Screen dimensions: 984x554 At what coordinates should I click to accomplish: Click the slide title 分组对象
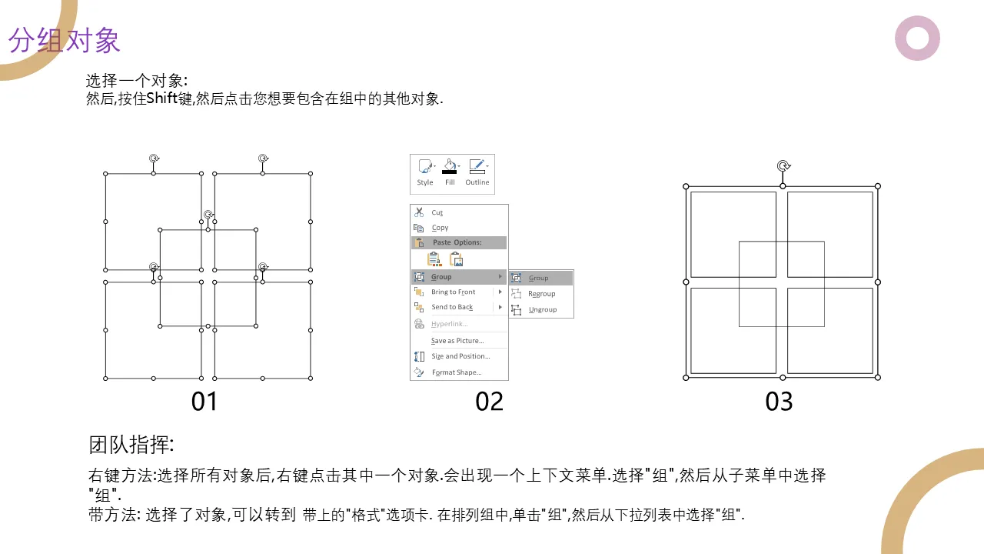tap(64, 41)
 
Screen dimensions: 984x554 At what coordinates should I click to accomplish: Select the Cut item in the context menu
tap(437, 213)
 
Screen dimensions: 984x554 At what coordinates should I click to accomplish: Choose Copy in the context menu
tap(440, 228)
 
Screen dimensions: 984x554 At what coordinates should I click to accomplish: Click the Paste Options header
tap(457, 242)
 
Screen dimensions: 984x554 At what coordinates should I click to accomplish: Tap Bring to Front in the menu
tap(453, 292)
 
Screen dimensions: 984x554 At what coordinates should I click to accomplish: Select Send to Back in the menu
tap(452, 307)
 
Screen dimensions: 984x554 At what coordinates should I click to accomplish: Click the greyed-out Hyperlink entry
tap(450, 324)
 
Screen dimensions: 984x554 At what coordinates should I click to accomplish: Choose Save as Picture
tap(457, 341)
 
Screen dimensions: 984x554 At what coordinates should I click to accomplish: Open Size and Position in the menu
tap(460, 356)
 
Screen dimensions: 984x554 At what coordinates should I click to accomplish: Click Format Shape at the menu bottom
tap(457, 372)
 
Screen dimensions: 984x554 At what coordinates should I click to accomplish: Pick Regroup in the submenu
tap(542, 294)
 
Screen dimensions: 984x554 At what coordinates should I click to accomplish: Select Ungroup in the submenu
tap(543, 309)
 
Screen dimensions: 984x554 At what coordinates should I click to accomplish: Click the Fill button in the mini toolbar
tap(450, 172)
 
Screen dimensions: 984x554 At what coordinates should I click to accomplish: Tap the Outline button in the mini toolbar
tap(477, 172)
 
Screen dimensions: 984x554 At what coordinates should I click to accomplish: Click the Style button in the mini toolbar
tap(425, 172)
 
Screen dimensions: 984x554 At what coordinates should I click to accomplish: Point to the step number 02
tap(489, 402)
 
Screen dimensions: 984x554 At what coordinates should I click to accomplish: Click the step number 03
tap(779, 402)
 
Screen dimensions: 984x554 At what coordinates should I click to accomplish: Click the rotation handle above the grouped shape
tap(783, 165)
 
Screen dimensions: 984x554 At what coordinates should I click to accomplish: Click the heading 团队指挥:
tap(131, 445)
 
